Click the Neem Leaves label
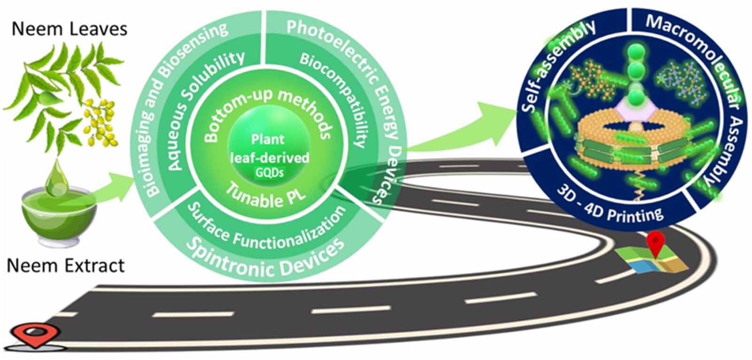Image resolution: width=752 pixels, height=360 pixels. tap(69, 29)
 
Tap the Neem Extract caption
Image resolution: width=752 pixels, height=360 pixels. tap(66, 266)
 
